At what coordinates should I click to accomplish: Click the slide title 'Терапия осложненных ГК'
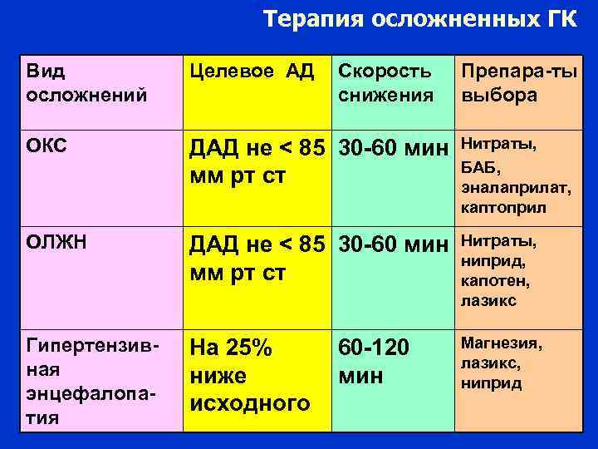click(419, 19)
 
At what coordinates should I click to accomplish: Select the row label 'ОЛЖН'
click(51, 244)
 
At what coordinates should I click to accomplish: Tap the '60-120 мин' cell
click(374, 361)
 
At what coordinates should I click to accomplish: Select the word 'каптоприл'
click(503, 206)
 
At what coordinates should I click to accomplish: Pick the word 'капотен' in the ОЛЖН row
click(495, 281)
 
